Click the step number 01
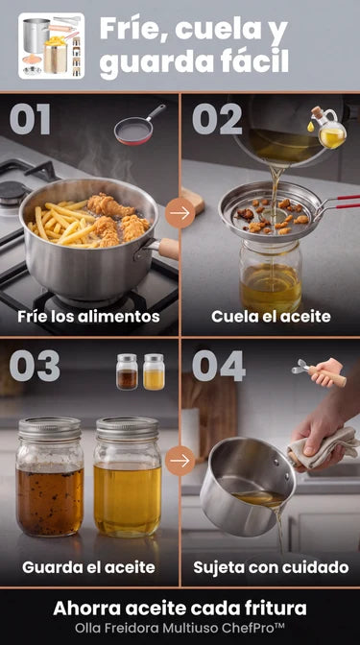(x=30, y=119)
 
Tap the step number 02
(x=217, y=119)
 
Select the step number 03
(x=35, y=366)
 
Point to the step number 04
(x=219, y=366)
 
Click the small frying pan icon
(x=139, y=125)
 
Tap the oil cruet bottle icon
(x=328, y=128)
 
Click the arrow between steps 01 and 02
(x=180, y=213)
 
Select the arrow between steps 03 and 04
(x=180, y=461)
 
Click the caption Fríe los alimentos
(x=88, y=317)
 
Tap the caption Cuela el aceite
(x=271, y=317)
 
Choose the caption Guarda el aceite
(x=88, y=567)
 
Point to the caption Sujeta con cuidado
(x=271, y=567)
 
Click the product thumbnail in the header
(x=52, y=46)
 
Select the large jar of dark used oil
(x=50, y=477)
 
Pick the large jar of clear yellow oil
(x=127, y=477)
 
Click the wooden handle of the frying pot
(x=168, y=248)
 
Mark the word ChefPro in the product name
(x=258, y=629)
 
